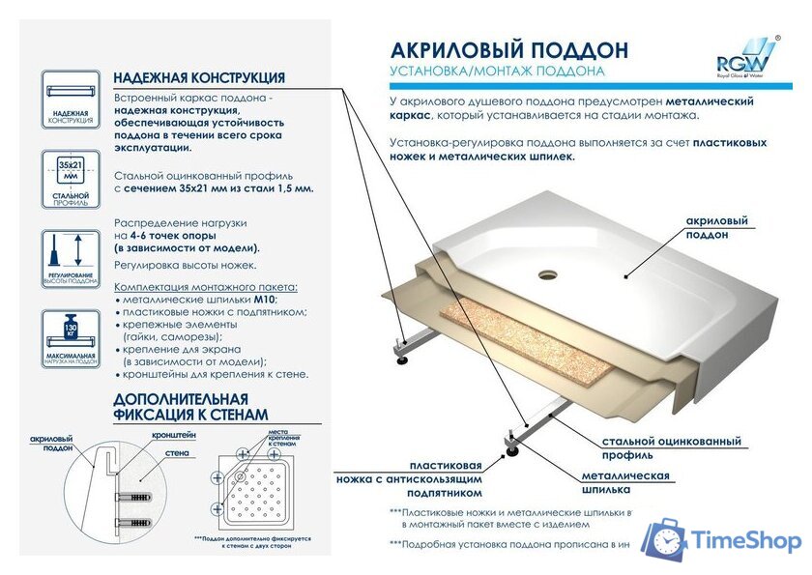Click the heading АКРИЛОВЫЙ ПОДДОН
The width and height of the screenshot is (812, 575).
coord(508,50)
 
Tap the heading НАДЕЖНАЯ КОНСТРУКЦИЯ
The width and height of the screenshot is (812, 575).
coord(198,78)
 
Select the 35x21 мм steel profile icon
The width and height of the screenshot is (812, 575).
coord(70,180)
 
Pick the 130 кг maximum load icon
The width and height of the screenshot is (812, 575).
coord(70,338)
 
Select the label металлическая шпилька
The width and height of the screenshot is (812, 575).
coord(625,482)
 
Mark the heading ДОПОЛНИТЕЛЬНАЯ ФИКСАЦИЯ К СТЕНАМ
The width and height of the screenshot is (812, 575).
coord(181,407)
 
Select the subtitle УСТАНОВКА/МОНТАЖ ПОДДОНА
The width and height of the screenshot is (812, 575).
coord(497,72)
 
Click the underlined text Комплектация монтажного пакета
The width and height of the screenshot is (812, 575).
coord(206,288)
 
